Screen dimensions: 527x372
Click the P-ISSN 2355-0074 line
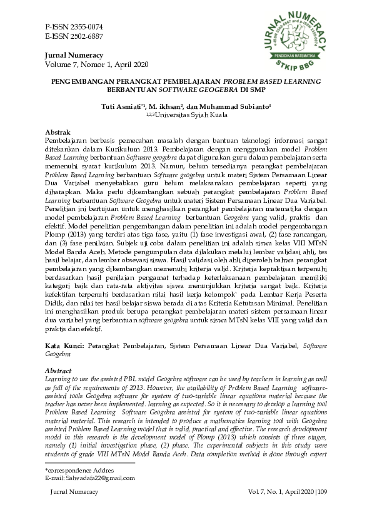coord(74,28)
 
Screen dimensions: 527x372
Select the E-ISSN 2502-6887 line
coord(74,36)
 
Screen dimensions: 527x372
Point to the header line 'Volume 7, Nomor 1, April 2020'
coord(96,64)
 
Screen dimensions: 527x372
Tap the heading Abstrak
coord(58,133)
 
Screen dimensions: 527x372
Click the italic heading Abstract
coord(59,371)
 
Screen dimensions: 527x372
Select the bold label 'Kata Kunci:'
coord(66,345)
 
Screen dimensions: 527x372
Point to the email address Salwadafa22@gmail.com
coord(86,495)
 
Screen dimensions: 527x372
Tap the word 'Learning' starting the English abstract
coord(58,379)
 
